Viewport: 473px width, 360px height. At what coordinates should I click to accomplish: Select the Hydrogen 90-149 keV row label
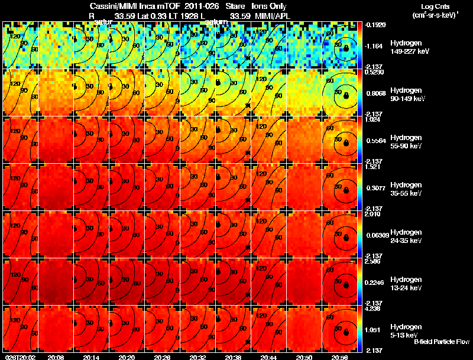pos(405,95)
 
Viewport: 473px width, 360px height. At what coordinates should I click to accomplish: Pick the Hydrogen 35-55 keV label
pos(405,189)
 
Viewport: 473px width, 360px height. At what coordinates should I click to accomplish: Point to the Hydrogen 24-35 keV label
pos(405,236)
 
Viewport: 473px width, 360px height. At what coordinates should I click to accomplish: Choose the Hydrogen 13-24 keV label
pos(405,284)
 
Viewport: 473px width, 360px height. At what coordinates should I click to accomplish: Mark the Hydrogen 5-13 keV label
pos(405,330)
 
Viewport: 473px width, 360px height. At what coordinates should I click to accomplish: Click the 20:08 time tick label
pos(56,357)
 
